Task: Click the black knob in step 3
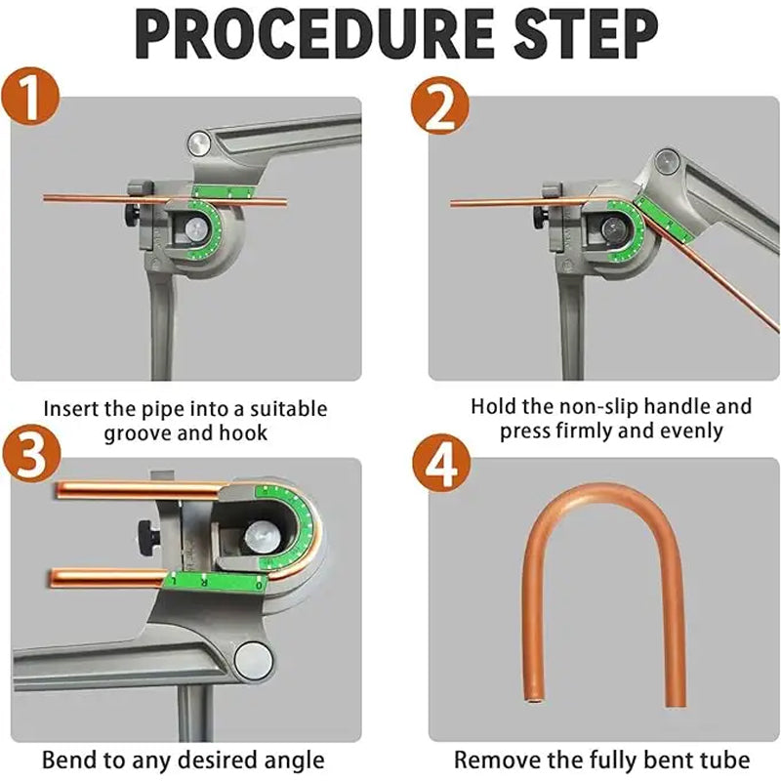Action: click(x=147, y=534)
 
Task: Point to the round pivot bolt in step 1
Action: click(x=201, y=144)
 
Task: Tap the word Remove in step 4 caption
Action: click(x=496, y=759)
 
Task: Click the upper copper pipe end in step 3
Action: click(x=61, y=487)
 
